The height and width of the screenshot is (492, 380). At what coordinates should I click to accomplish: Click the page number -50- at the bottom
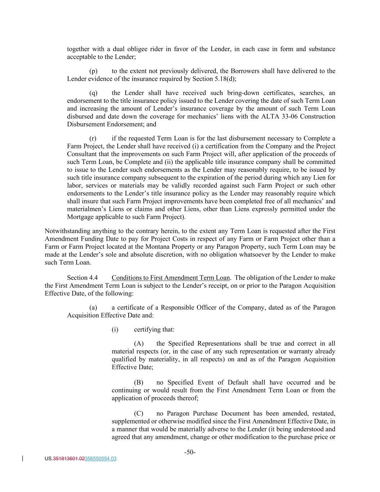coord(190,452)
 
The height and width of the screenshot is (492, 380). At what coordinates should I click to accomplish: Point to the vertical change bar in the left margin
coord(23,458)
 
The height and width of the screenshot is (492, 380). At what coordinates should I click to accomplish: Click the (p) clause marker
coord(93,71)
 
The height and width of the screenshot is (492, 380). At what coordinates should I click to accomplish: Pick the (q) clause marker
coord(93,93)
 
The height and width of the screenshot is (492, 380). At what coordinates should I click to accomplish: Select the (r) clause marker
coord(93,138)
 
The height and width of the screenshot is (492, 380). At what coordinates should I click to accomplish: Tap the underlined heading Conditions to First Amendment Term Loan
coord(170,278)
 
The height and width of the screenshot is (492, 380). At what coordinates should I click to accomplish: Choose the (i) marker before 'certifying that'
coord(115,329)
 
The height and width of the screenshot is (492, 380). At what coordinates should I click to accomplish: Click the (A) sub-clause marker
coord(139,343)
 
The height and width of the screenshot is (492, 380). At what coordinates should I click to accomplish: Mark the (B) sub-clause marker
coord(139,382)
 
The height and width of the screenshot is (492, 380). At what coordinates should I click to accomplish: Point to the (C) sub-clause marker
coord(139,413)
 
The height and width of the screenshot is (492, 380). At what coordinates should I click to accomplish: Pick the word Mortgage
coord(80,217)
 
